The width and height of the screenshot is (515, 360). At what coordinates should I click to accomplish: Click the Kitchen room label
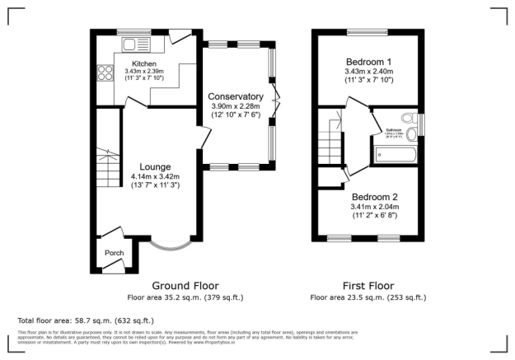[145, 63]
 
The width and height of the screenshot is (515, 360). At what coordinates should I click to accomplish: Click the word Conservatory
[235, 97]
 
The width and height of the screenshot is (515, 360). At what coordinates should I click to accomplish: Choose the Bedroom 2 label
[375, 198]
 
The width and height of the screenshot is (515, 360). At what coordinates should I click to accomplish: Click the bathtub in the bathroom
[394, 154]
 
